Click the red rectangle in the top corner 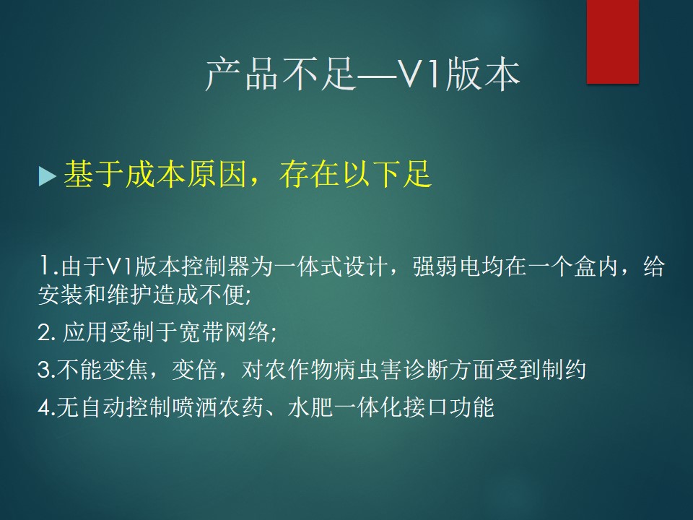(x=613, y=42)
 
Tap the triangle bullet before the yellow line (x=48, y=176)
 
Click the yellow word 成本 (x=154, y=174)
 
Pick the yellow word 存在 (x=308, y=174)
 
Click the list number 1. (x=45, y=266)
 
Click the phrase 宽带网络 (x=224, y=332)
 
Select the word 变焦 (x=126, y=370)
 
